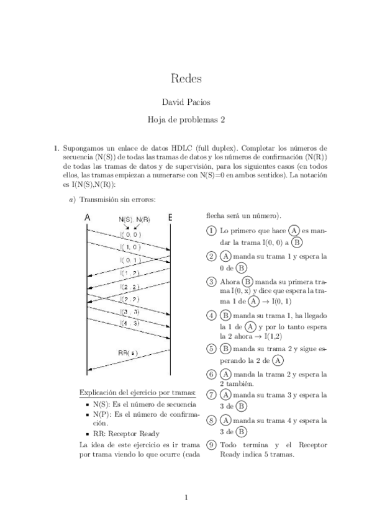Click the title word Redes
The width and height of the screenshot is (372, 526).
[x=186, y=79]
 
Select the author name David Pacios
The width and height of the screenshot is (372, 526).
[x=186, y=102]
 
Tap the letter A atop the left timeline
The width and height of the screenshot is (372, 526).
[x=87, y=218]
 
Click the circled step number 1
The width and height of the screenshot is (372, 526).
[x=212, y=231]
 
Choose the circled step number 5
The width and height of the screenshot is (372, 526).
[x=212, y=349]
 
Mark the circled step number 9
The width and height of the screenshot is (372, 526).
[x=212, y=445]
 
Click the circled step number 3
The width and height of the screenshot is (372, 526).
[x=212, y=281]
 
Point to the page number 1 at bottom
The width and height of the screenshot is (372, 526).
[x=186, y=497]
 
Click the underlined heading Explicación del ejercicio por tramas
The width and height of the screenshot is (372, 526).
[x=138, y=392]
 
